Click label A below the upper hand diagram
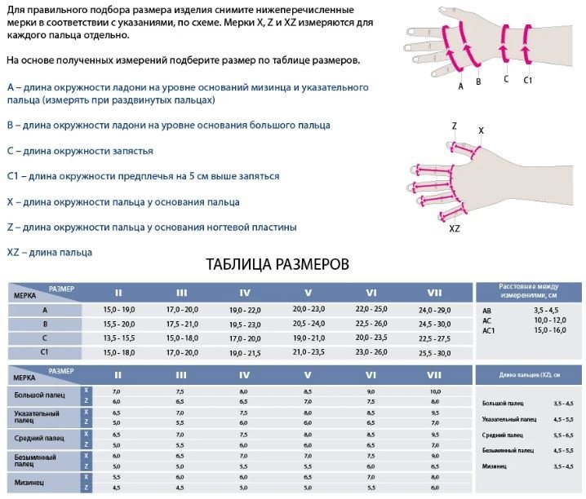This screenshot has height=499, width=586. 460,86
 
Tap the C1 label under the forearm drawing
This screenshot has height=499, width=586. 527,80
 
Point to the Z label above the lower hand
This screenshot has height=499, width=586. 455,126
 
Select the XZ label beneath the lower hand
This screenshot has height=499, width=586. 455,229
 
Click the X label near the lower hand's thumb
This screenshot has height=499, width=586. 481,130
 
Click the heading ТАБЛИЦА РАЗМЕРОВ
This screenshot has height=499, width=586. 278,264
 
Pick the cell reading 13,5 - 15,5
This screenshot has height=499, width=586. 118,338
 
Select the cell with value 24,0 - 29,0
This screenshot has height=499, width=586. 434,310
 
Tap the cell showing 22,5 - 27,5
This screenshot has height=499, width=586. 434,338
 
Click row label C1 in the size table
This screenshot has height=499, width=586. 45,351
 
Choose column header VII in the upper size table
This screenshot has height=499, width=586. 434,293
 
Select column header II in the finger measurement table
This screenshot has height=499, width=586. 118,375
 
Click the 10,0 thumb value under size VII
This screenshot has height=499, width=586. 434,392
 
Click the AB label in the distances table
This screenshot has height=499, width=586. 487,311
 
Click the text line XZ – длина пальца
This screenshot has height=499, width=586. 49,253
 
